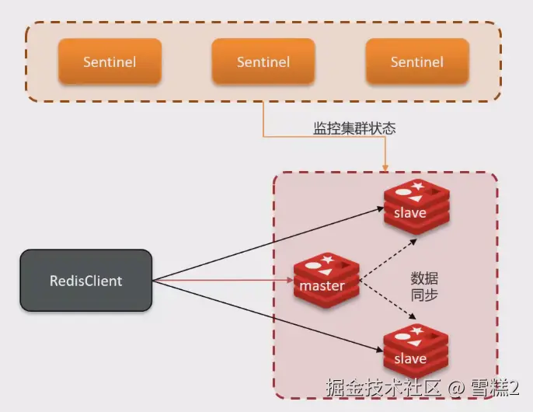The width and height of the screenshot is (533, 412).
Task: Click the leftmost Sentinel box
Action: click(110, 61)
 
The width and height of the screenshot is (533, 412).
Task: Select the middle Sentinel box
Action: click(263, 61)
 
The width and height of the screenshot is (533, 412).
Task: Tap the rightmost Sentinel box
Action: click(417, 61)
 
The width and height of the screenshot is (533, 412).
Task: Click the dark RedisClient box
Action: click(85, 281)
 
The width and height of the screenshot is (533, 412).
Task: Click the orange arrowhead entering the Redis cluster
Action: click(385, 166)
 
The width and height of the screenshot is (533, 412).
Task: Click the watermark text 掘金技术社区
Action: click(384, 387)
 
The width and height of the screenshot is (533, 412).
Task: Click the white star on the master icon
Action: click(326, 258)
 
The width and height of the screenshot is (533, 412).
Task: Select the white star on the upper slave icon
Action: click(420, 186)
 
